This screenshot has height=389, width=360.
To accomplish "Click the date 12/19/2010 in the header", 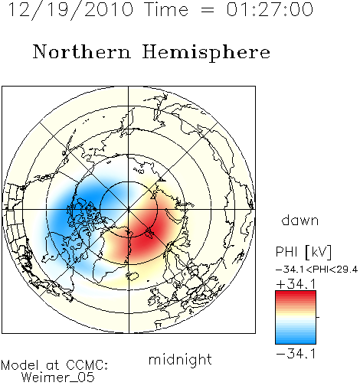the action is point(70,10).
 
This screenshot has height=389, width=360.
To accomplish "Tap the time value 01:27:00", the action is point(270,10).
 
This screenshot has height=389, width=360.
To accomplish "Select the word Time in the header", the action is point(166,10).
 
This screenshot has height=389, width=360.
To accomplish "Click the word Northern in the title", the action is point(82,51).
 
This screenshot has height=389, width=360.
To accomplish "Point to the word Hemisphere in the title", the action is point(206,53).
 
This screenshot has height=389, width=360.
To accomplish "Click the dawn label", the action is point(300,220).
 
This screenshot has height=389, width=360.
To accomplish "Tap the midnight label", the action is point(180,359).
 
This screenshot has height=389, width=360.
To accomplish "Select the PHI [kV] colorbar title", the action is point(303,252).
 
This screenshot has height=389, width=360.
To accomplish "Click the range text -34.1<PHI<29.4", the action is point(316,270).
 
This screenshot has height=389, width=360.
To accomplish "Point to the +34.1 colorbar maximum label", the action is point(296,284).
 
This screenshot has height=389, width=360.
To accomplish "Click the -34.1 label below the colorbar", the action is point(296,354).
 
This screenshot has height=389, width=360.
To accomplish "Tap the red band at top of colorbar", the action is point(296,295).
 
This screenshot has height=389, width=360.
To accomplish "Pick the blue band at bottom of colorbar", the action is point(296,339).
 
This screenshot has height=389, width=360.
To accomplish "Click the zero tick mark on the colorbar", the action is point(318,317).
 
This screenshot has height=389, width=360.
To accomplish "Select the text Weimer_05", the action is point(58,378).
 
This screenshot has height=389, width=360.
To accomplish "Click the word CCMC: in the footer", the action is point(87,365).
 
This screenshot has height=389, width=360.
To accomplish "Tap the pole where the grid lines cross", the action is point(129,209).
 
